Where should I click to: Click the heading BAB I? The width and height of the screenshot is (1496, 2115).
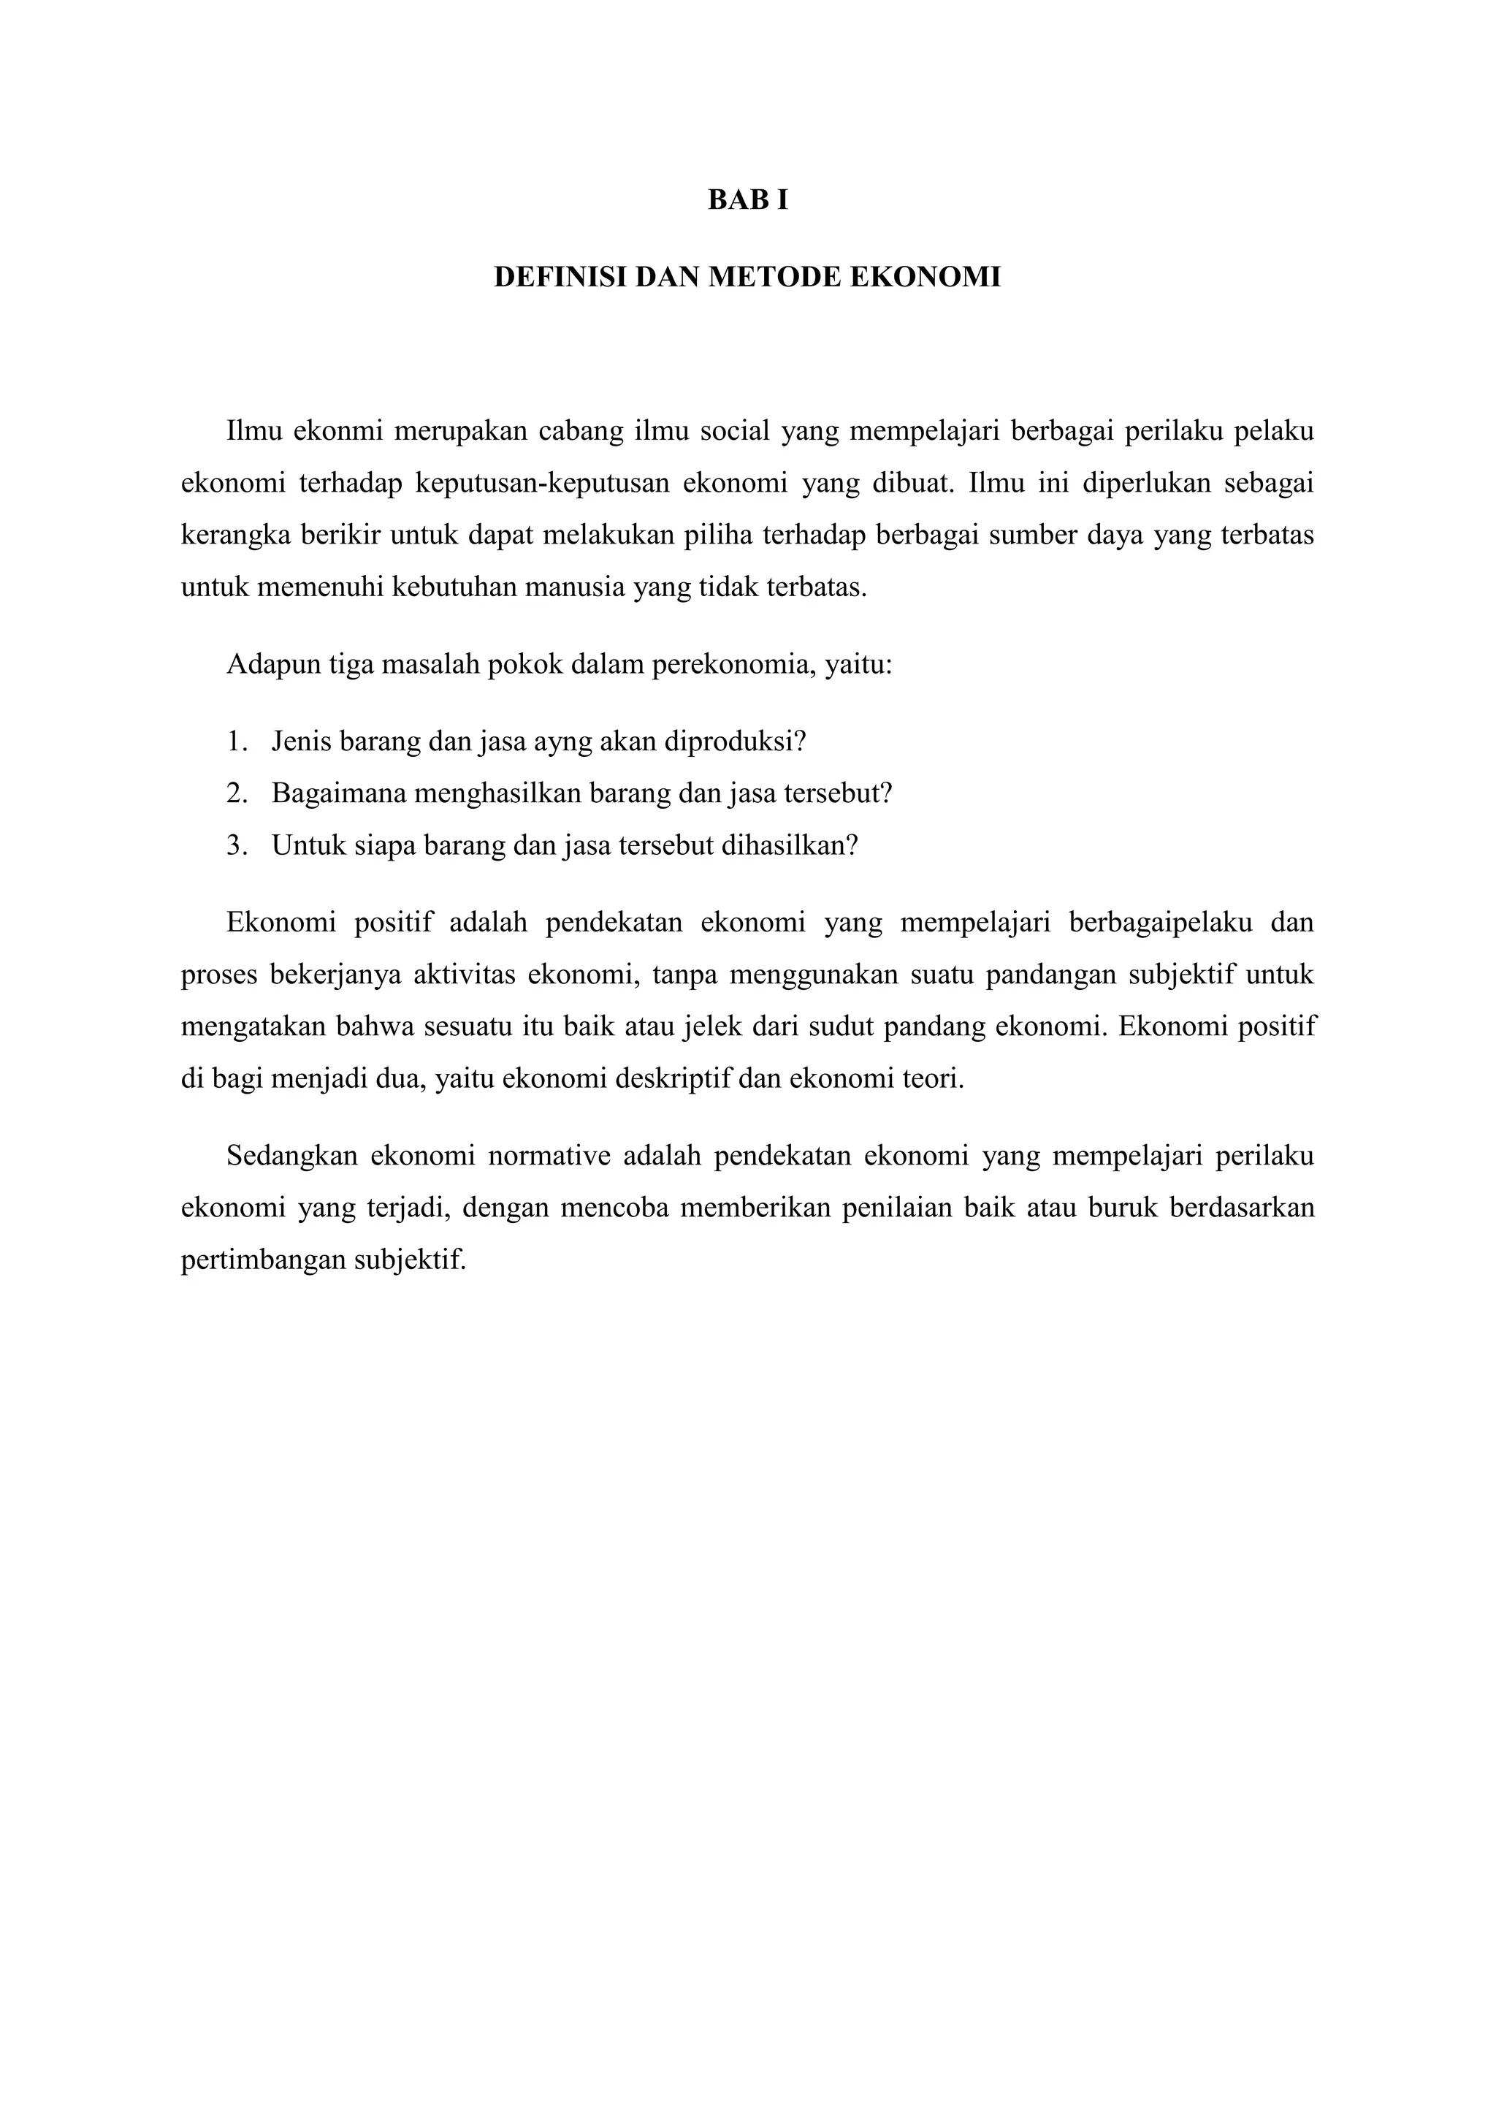747,200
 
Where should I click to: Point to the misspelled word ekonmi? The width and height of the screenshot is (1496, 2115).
336,431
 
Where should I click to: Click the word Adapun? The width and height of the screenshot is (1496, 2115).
272,664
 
